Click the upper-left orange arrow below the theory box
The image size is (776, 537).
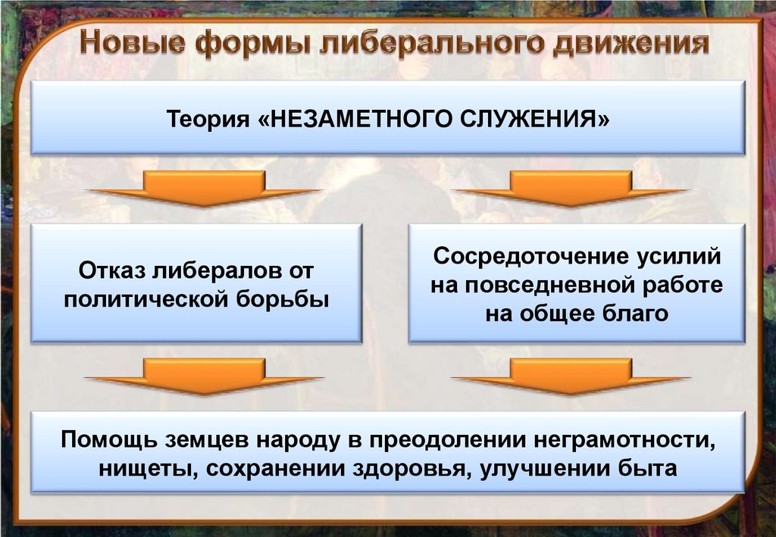tap(204, 189)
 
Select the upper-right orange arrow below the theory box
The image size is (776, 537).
tap(571, 189)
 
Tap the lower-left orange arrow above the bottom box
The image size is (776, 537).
tap(204, 376)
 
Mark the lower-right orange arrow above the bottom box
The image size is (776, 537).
tap(571, 376)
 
